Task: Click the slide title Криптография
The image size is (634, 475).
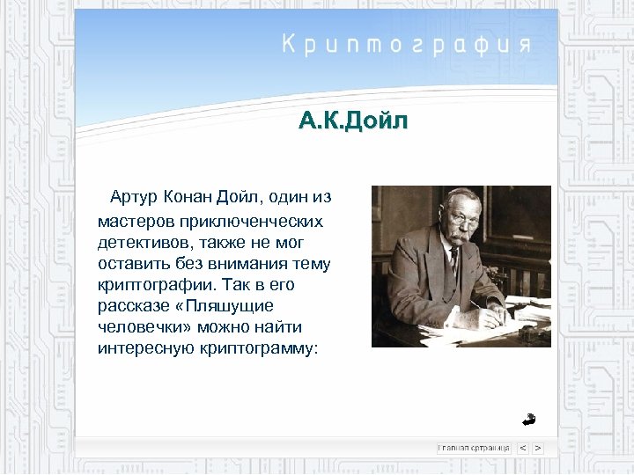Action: [x=406, y=44]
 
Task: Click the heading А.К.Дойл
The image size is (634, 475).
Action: [x=353, y=121]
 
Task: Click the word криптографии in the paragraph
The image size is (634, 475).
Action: [x=152, y=284]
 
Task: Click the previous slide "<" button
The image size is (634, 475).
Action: [x=522, y=448]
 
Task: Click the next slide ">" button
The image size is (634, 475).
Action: [x=537, y=448]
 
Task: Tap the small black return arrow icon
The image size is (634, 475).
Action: [x=528, y=419]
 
